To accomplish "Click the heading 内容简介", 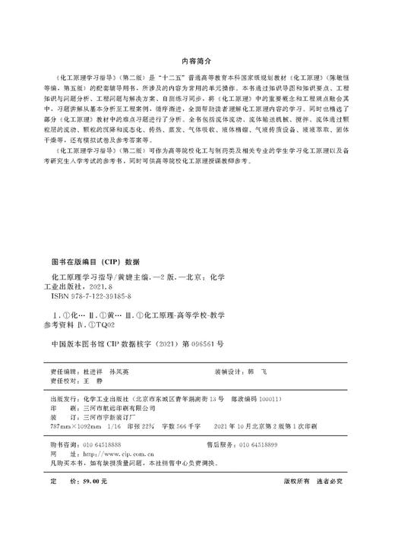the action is pyautogui.click(x=197, y=58).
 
